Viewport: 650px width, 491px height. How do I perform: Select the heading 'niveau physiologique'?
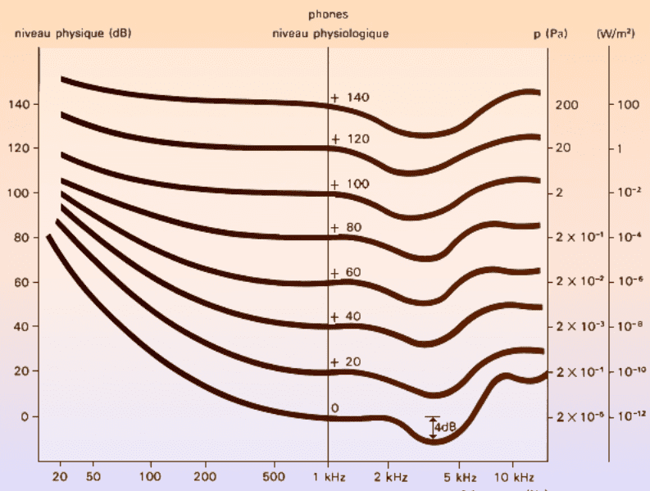(330, 34)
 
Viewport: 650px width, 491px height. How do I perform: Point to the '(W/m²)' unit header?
(616, 34)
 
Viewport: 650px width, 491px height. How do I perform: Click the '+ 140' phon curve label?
(351, 98)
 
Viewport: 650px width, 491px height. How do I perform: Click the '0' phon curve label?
(334, 407)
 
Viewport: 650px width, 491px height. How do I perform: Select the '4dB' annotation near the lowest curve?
(445, 427)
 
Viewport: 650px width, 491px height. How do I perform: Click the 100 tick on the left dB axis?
(19, 193)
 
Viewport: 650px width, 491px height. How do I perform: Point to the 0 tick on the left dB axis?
(24, 416)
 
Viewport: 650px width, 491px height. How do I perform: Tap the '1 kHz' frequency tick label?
(329, 475)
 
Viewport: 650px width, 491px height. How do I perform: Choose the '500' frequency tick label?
(275, 475)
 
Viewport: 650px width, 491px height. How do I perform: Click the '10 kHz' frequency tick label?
(513, 475)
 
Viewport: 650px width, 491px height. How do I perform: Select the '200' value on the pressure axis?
(567, 106)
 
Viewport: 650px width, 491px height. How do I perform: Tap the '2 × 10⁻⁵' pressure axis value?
(580, 417)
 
